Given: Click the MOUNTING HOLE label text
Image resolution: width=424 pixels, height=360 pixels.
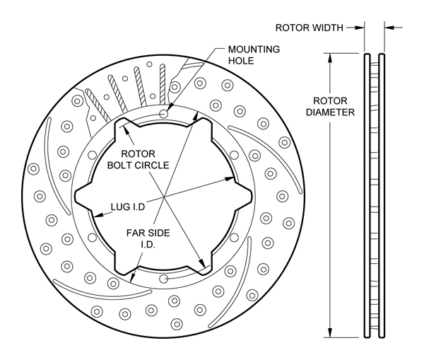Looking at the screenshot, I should (252, 55).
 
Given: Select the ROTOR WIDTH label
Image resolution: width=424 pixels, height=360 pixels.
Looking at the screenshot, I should (309, 28).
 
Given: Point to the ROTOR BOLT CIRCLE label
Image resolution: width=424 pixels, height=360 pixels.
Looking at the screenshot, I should (138, 160).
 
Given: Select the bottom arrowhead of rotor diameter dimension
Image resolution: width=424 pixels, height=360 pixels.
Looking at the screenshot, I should (329, 333).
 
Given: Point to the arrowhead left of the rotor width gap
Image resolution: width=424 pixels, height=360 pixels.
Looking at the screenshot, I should (360, 28).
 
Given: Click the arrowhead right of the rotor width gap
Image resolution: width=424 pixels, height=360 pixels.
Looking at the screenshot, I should (389, 28).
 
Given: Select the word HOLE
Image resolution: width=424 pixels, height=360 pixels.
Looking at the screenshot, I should (241, 61).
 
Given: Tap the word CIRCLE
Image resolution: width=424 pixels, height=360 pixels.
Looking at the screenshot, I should (151, 166).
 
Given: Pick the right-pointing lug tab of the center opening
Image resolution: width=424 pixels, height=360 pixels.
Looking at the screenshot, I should (247, 194).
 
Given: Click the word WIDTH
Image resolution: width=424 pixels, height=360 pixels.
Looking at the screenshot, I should (328, 28).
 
